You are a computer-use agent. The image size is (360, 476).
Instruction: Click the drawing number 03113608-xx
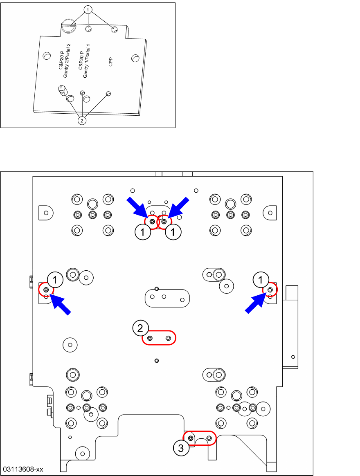[23, 469]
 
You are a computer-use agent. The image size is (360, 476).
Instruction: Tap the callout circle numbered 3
[181, 448]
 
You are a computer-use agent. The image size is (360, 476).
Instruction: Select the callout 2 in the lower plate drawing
[140, 328]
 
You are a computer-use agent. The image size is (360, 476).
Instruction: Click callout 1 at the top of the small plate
[88, 9]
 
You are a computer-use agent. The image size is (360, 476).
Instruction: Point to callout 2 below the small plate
[82, 121]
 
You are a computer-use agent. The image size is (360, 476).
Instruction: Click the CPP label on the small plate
[110, 61]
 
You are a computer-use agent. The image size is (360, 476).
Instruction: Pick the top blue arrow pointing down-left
[178, 208]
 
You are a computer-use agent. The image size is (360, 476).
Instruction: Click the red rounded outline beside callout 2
[159, 338]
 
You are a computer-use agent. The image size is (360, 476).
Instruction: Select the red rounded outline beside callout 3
[200, 438]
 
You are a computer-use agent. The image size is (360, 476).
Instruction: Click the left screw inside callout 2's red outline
[150, 338]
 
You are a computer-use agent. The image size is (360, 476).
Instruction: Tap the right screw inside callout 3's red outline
[209, 438]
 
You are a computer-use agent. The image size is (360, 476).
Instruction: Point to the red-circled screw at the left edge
[46, 290]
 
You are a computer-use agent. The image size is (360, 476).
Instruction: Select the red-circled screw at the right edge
[270, 290]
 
